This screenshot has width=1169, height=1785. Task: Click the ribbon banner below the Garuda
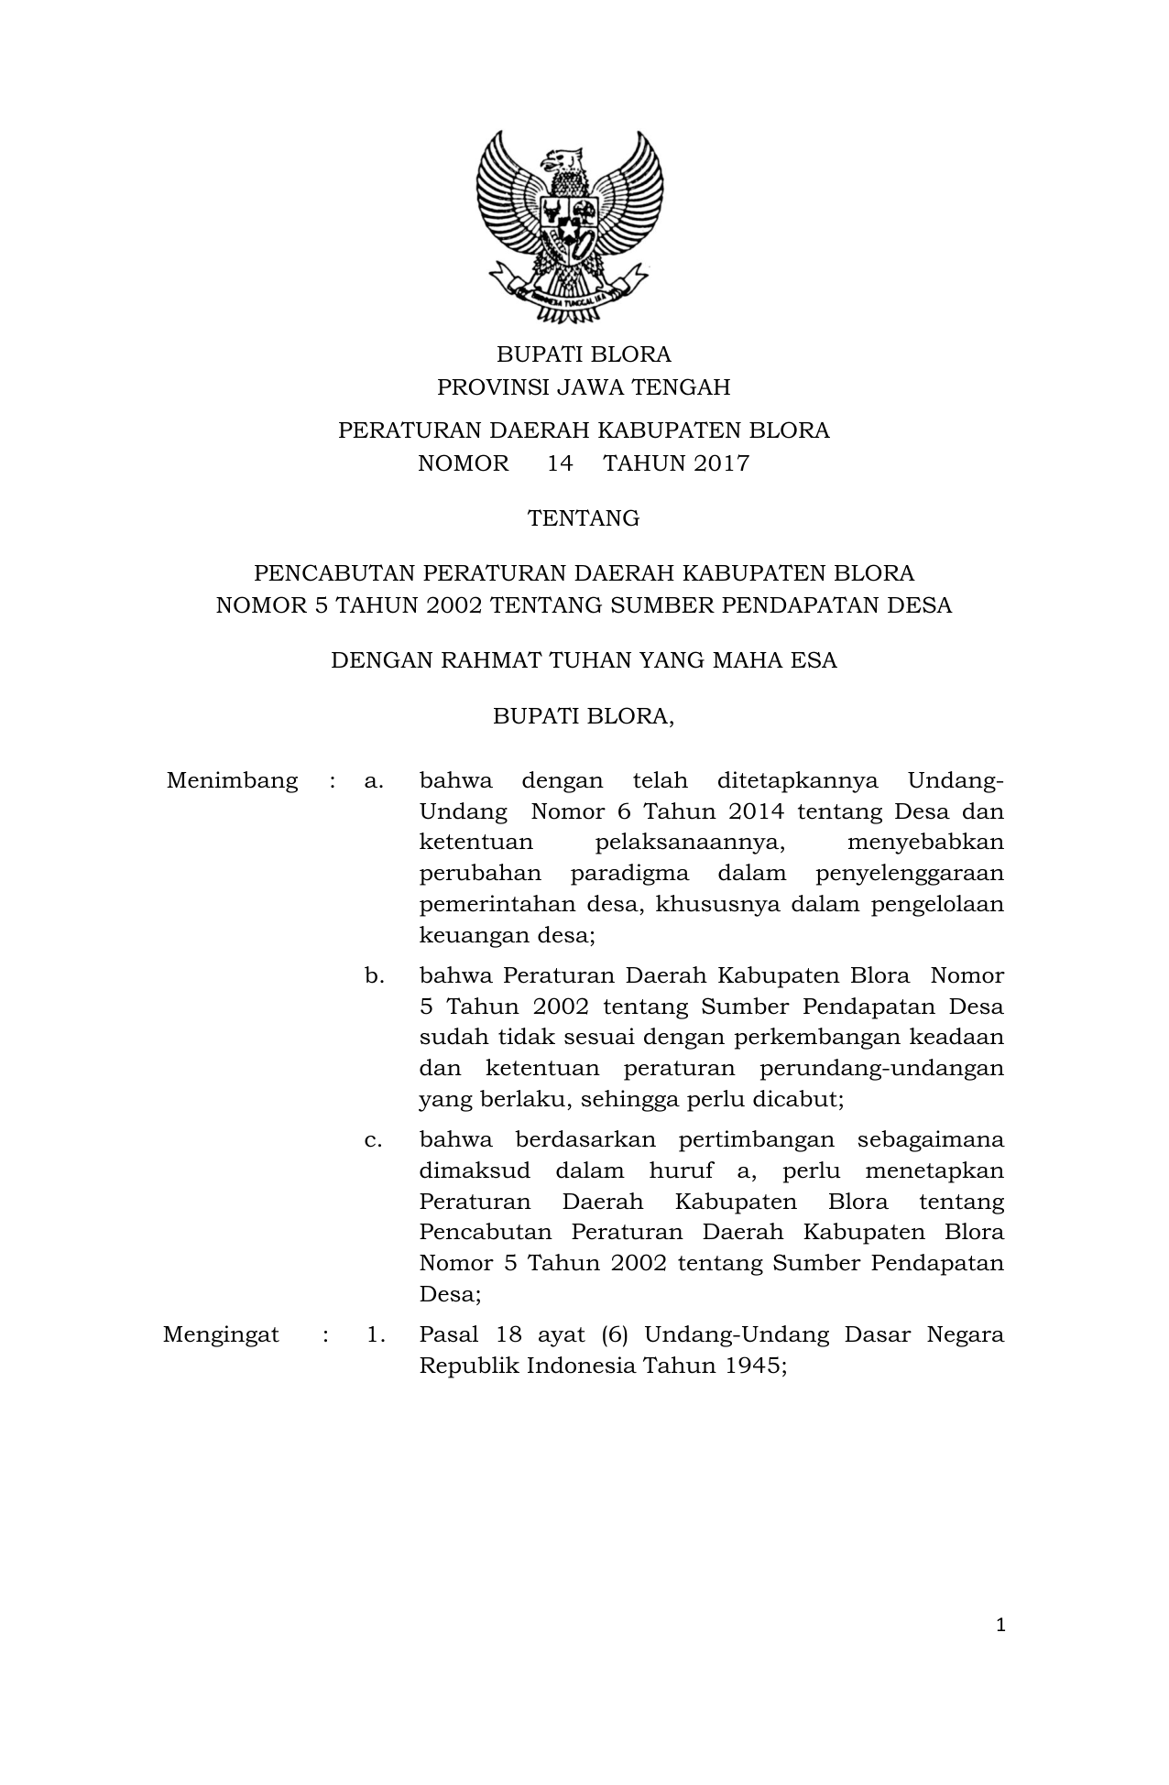tap(569, 295)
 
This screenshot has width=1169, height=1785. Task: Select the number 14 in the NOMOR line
tap(560, 463)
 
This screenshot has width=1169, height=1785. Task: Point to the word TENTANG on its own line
tap(584, 518)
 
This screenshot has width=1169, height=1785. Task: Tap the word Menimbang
tap(232, 781)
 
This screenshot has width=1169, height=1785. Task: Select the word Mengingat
tap(221, 1334)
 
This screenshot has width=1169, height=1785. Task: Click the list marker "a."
tap(373, 781)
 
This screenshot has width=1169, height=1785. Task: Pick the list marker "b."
tap(374, 976)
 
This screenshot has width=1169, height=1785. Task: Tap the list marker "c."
tap(373, 1140)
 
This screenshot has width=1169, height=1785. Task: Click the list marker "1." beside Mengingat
tap(376, 1334)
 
